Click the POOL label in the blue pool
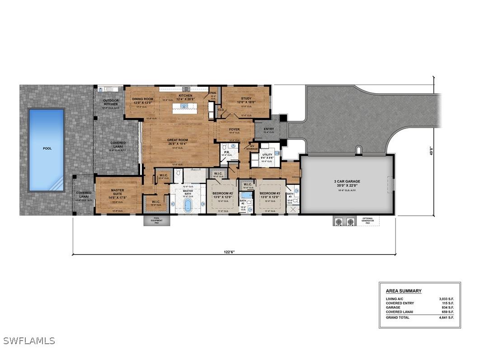pyautogui.click(x=47, y=148)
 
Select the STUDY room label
pyautogui.click(x=246, y=98)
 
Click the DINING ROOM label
pyautogui.click(x=143, y=99)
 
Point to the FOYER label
pyautogui.click(x=234, y=130)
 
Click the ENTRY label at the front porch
pyautogui.click(x=268, y=129)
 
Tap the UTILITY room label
pyautogui.click(x=267, y=155)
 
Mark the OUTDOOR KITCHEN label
pyautogui.click(x=111, y=102)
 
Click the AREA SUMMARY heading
pyautogui.click(x=404, y=291)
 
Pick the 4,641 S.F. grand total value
pyautogui.click(x=446, y=317)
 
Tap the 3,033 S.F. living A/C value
pyautogui.click(x=446, y=299)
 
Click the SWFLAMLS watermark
pyautogui.click(x=29, y=341)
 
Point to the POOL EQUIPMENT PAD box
pyautogui.click(x=156, y=220)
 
